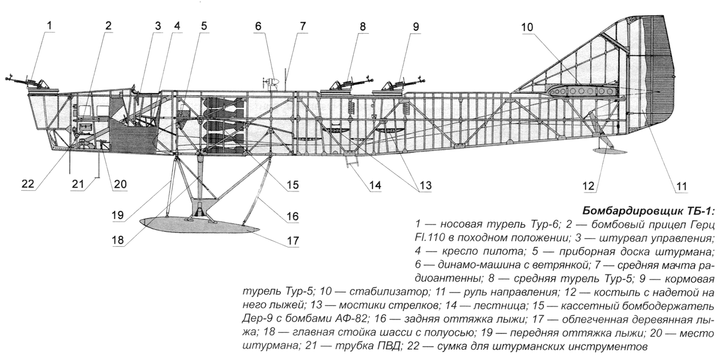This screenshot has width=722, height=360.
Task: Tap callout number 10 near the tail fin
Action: [528, 28]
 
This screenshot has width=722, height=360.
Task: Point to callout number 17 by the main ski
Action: [293, 241]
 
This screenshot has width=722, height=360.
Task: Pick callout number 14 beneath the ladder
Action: [375, 185]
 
